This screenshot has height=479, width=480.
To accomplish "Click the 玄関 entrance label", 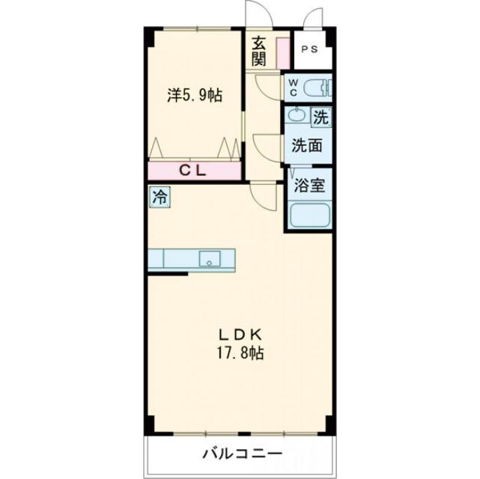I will tap(259, 50).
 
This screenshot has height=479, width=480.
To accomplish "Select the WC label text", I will tap(294, 87).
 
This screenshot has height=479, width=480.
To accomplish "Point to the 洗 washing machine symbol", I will tap(320, 117).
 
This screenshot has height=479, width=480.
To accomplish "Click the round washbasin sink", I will tap(297, 117).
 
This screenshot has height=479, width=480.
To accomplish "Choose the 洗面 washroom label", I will tap(307, 145).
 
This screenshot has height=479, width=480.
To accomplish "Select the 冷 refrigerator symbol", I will tap(160, 198).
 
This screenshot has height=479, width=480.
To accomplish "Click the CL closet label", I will tap(194, 171).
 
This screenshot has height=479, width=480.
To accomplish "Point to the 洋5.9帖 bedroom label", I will tap(194, 96).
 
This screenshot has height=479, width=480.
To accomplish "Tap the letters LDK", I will tap(239, 334).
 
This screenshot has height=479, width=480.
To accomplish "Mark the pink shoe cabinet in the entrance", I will tap(283, 50).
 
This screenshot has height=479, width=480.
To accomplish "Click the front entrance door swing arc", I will tap(257, 14).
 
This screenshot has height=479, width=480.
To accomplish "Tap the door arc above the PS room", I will tap(313, 18).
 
